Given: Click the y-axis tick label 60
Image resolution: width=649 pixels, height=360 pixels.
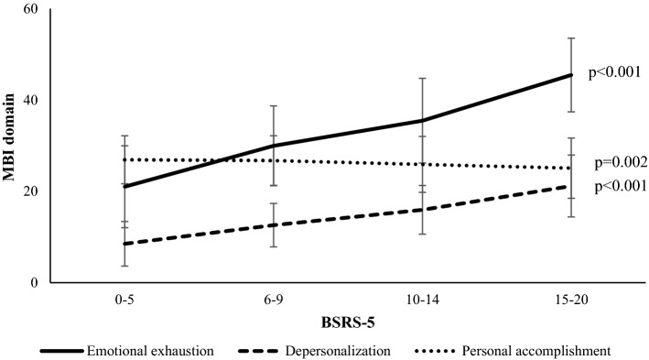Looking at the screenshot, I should click(x=30, y=9).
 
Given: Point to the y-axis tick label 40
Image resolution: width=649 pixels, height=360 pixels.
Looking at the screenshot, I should click(x=30, y=100).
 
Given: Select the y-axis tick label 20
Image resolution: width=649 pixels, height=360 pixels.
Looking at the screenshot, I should click(x=30, y=191).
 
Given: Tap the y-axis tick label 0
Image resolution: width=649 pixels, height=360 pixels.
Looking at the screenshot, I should click(x=34, y=283).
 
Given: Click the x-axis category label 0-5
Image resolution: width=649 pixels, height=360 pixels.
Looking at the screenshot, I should click(x=124, y=299).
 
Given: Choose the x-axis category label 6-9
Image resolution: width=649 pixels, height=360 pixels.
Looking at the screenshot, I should click(x=273, y=299).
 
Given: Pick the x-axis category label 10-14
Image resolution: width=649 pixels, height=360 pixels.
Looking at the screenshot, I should click(x=422, y=299).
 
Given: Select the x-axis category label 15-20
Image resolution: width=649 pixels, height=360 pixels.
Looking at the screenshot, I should click(x=571, y=299).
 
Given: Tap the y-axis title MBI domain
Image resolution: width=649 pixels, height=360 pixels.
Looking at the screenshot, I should click(x=10, y=146).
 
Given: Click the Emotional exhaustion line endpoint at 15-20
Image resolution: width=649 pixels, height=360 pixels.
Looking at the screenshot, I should click(x=571, y=75).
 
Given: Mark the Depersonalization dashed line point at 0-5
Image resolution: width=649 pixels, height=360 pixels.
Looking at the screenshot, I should click(x=124, y=244).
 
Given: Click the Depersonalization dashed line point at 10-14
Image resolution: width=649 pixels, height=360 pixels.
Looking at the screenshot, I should click(x=422, y=210).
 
